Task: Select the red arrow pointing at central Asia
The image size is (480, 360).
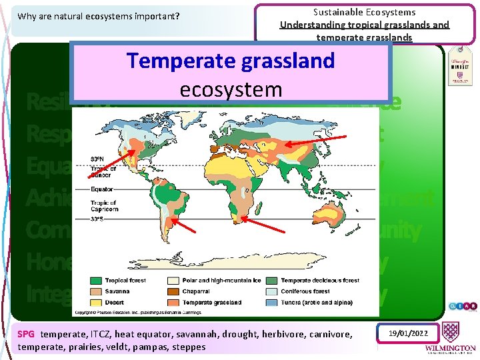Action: (x=315, y=142)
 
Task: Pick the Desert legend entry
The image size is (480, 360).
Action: (x=120, y=302)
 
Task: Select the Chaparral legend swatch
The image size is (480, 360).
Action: (x=179, y=291)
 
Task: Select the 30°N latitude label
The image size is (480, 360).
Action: (x=97, y=159)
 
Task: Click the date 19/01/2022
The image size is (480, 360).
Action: (x=408, y=332)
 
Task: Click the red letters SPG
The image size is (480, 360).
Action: (x=26, y=334)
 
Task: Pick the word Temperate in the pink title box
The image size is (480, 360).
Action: (x=175, y=61)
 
